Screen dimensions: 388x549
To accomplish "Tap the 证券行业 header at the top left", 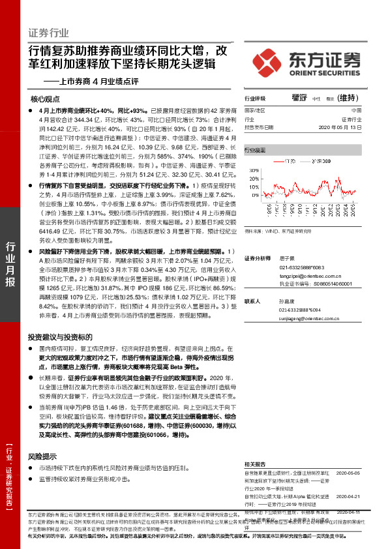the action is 48,32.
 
